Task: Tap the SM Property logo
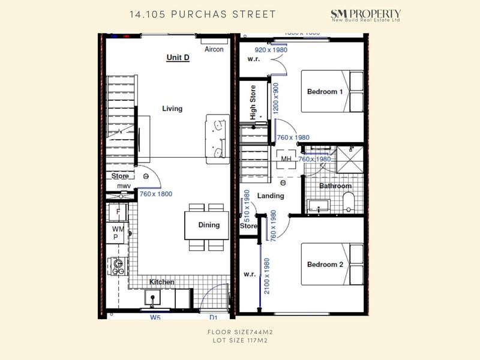[x=366, y=16]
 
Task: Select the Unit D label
[x=178, y=58]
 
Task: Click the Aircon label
[x=214, y=49]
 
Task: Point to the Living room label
[x=172, y=109]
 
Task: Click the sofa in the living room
[x=217, y=139]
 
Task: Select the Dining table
[x=206, y=225]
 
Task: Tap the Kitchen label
[x=162, y=282]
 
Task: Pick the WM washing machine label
[x=117, y=229]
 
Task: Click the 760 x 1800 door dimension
[x=155, y=194]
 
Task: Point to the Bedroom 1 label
[x=325, y=92]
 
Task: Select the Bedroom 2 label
[x=325, y=265]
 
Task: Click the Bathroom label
[x=335, y=186]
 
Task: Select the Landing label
[x=271, y=196]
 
